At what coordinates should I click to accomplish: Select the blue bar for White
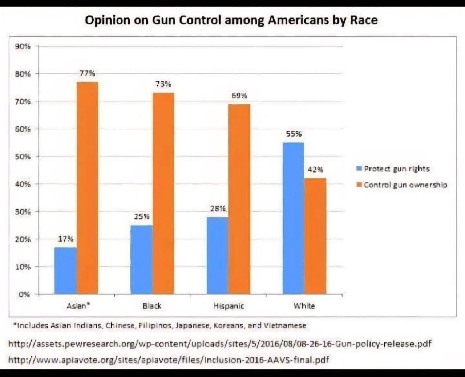tap(293, 218)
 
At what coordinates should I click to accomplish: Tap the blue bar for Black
tap(141, 259)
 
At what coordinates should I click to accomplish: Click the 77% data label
tap(87, 73)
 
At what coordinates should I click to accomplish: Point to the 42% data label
tap(315, 169)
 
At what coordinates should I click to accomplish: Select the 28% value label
tap(218, 208)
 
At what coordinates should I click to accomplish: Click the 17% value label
tap(66, 239)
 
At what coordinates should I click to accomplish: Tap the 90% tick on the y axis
tap(23, 46)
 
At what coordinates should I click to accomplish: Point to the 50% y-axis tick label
tap(23, 157)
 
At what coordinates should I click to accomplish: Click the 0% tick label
tap(24, 294)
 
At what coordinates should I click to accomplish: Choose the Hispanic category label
tap(229, 306)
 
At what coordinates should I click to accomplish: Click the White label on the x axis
tap(304, 306)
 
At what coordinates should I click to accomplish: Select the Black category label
tap(152, 306)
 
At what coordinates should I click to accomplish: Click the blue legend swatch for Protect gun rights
tap(359, 169)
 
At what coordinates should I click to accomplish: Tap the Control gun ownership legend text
tap(405, 185)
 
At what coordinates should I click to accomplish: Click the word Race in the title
tap(364, 20)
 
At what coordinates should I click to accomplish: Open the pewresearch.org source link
tap(220, 344)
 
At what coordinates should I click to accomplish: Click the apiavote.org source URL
tap(169, 360)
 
